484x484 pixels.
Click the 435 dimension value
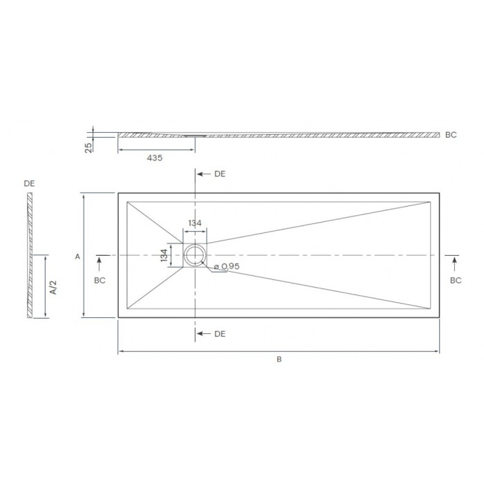coord(154,158)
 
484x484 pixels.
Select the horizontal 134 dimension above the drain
coord(194,223)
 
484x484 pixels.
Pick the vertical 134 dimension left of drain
coord(164,256)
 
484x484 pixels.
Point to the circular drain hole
coord(194,256)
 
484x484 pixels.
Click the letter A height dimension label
coord(77,257)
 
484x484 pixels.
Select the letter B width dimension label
coord(279,360)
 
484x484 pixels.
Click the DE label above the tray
coord(220,174)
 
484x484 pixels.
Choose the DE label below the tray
coord(220,334)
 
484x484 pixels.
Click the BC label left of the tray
coord(100,280)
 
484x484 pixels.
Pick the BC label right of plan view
coord(456,280)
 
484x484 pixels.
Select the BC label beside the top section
coord(452,136)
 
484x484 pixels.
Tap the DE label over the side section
coord(29,183)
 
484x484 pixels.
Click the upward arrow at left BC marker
coord(100,262)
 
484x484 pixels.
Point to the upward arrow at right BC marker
coord(455,262)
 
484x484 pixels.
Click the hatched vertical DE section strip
coord(30,256)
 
